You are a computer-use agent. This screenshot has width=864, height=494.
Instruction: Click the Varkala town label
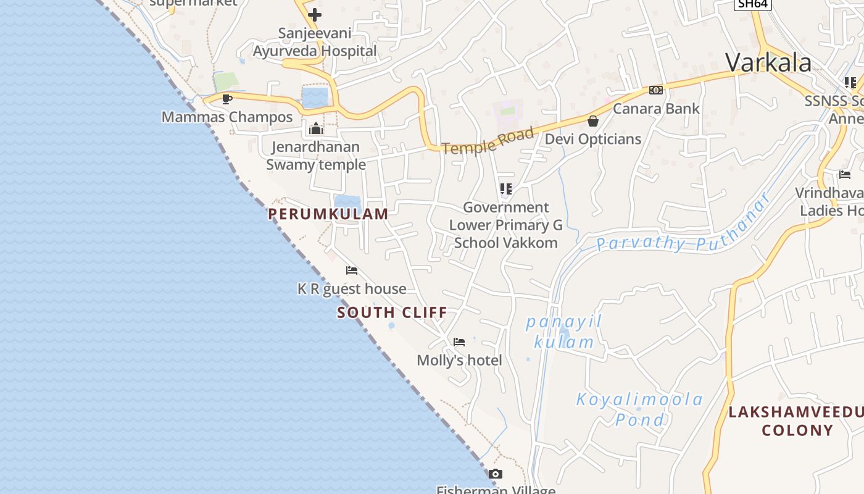coord(768,63)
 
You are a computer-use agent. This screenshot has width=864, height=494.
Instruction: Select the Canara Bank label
coord(656,109)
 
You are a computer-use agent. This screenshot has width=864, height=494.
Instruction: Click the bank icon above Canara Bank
coord(655,90)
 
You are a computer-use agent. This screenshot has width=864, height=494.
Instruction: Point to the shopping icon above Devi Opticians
coord(593,121)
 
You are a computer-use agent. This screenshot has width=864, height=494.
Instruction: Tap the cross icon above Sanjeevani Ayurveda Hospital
coord(315,14)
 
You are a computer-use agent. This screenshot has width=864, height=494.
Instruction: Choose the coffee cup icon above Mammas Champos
coord(227,99)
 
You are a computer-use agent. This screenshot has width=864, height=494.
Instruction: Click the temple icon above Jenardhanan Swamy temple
coord(316,128)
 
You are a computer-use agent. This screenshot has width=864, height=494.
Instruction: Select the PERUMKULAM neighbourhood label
coord(328,214)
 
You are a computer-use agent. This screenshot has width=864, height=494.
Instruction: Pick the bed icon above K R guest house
coord(352,270)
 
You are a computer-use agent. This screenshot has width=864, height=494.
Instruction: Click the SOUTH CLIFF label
coord(392,312)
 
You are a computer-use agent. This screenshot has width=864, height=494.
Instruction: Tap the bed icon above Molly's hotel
coord(459,342)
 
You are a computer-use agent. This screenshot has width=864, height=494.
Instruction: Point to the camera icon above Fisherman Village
coord(495,474)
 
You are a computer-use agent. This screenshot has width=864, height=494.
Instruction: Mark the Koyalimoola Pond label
coord(639,409)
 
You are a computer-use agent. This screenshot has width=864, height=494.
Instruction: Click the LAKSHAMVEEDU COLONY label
coord(797,421)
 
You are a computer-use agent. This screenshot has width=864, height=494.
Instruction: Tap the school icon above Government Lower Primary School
coord(506,189)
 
